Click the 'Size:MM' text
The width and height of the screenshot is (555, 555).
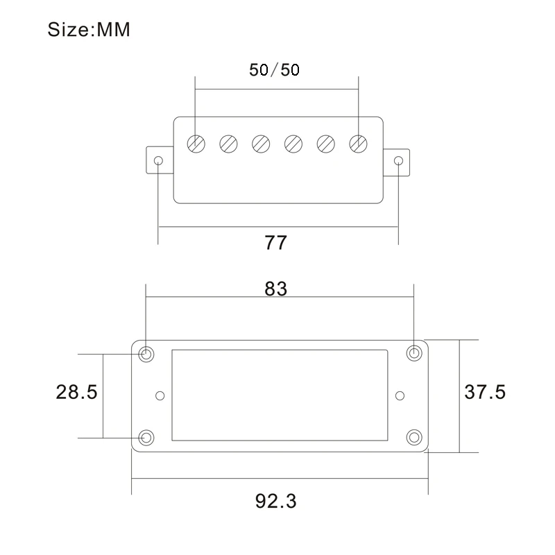[89, 31]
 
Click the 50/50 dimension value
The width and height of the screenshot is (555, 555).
[274, 70]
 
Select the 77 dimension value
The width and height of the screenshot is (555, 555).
[275, 244]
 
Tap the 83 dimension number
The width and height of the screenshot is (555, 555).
[276, 289]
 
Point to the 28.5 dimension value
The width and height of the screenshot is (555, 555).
[76, 392]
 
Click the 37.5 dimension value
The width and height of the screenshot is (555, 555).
[485, 392]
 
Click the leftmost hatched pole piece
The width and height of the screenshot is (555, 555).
[196, 144]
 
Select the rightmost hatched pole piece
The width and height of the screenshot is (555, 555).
[358, 144]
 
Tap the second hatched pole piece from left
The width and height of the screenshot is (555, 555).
[228, 144]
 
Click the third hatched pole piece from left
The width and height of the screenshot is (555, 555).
[261, 144]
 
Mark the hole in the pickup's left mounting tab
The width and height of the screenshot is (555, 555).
[158, 161]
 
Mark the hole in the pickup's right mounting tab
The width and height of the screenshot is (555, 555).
[398, 161]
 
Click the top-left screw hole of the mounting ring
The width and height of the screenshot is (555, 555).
[146, 354]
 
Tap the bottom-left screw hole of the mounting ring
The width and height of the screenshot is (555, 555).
[146, 438]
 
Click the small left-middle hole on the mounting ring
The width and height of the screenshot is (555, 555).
[160, 395]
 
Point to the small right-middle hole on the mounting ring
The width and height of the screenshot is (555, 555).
[399, 395]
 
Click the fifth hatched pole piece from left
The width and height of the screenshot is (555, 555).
[325, 144]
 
